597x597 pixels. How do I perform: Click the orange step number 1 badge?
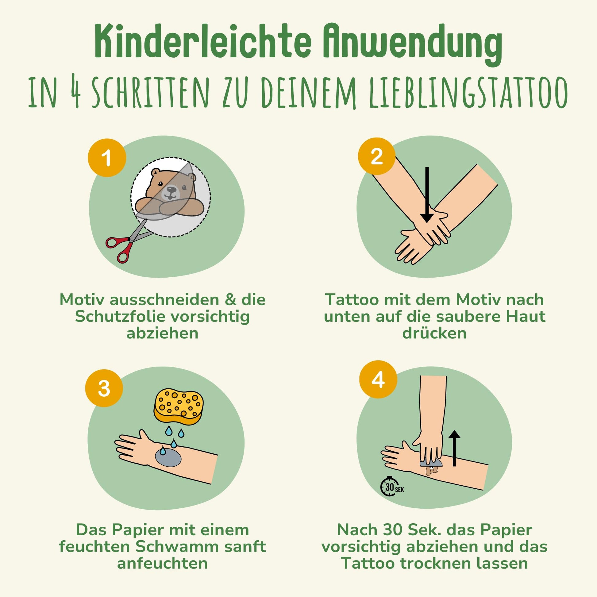(x=107, y=158)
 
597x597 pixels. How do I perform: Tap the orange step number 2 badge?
(x=377, y=156)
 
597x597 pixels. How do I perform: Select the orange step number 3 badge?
(x=104, y=388)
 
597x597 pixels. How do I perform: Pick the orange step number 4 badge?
(x=378, y=379)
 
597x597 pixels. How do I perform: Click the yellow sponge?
(x=179, y=406)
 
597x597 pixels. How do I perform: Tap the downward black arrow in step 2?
(x=427, y=195)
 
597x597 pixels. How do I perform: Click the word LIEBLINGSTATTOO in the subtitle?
(x=468, y=92)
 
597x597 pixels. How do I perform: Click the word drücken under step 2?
(x=434, y=333)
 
